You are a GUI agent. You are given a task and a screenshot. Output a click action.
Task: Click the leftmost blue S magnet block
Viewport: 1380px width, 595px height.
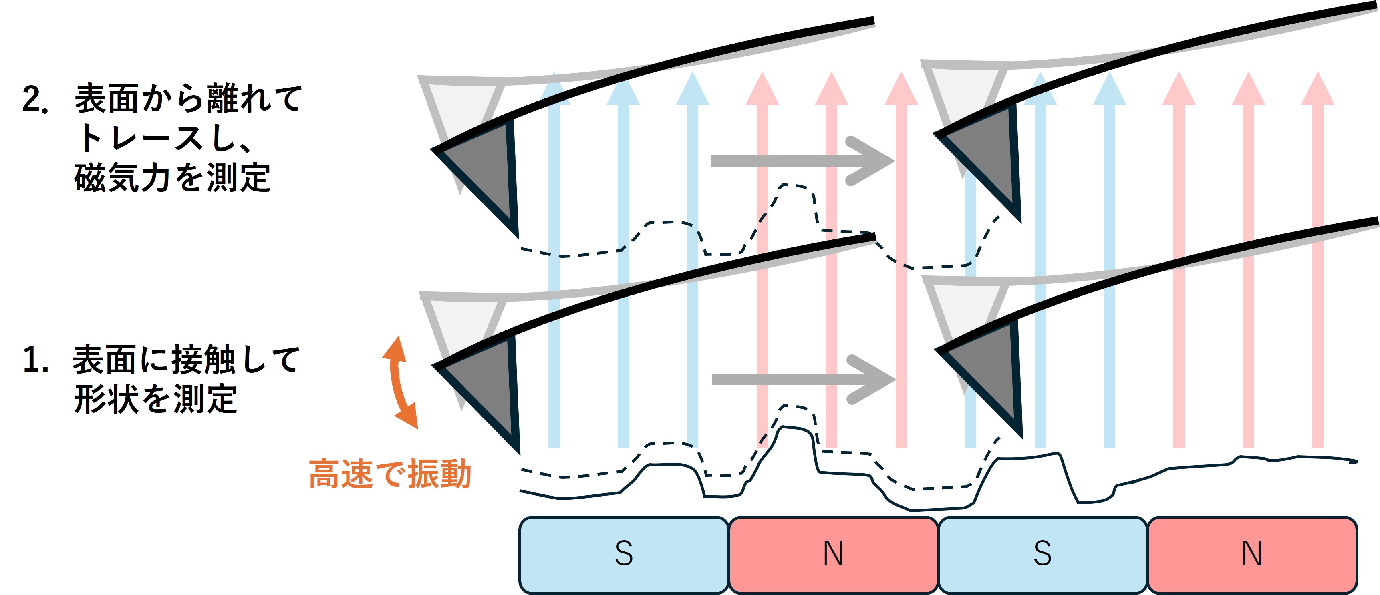624,555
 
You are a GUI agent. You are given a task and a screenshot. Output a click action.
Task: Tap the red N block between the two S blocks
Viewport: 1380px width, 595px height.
834,555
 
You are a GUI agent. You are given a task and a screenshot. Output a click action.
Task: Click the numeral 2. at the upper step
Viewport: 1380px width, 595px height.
35,100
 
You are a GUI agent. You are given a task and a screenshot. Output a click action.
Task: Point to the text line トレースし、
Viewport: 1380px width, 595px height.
165,139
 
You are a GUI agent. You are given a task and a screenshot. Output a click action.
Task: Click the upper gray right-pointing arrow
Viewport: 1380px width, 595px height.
802,161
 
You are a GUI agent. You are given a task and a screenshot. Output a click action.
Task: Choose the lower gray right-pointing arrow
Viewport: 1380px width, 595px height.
804,379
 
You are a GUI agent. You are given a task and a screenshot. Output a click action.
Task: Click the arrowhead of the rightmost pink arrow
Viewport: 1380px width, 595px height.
1318,89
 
